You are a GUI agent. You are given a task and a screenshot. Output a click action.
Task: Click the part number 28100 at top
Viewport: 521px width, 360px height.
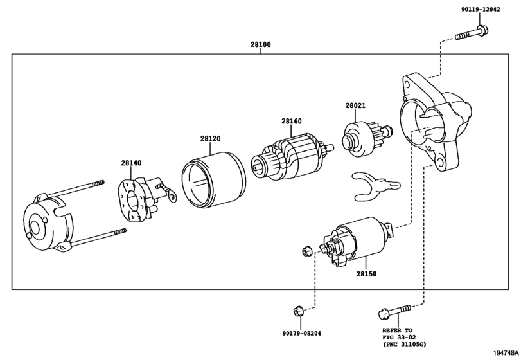[261, 44]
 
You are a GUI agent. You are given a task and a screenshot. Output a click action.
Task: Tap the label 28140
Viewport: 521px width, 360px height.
[131, 163]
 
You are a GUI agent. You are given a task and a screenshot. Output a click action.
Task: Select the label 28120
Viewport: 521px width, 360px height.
[210, 138]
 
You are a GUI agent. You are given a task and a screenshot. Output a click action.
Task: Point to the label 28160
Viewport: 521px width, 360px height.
[292, 121]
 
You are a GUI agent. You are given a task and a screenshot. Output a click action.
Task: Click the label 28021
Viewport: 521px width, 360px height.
[355, 105]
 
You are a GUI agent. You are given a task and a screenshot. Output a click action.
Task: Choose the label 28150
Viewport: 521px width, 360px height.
[366, 274]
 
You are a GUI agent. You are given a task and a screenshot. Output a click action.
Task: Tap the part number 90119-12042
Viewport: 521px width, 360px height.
[481, 9]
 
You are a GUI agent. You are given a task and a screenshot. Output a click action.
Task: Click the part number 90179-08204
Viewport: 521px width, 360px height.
[302, 333]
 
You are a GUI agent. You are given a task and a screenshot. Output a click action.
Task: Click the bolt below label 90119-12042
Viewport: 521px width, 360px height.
[472, 33]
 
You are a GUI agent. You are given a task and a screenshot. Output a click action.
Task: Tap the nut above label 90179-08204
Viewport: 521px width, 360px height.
[298, 312]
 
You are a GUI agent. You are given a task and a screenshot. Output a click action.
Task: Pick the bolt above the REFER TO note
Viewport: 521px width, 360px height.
[394, 312]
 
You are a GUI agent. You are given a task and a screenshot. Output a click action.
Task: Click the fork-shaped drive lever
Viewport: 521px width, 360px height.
[376, 186]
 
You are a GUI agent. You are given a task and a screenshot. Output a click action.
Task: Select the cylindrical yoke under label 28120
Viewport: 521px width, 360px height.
[214, 180]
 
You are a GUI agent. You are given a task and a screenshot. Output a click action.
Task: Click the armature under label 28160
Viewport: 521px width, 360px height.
[292, 157]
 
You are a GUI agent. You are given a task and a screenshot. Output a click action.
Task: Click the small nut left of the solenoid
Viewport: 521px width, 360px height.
[306, 251]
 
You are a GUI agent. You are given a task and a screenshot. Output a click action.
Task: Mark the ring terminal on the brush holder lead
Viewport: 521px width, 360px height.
[173, 196]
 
